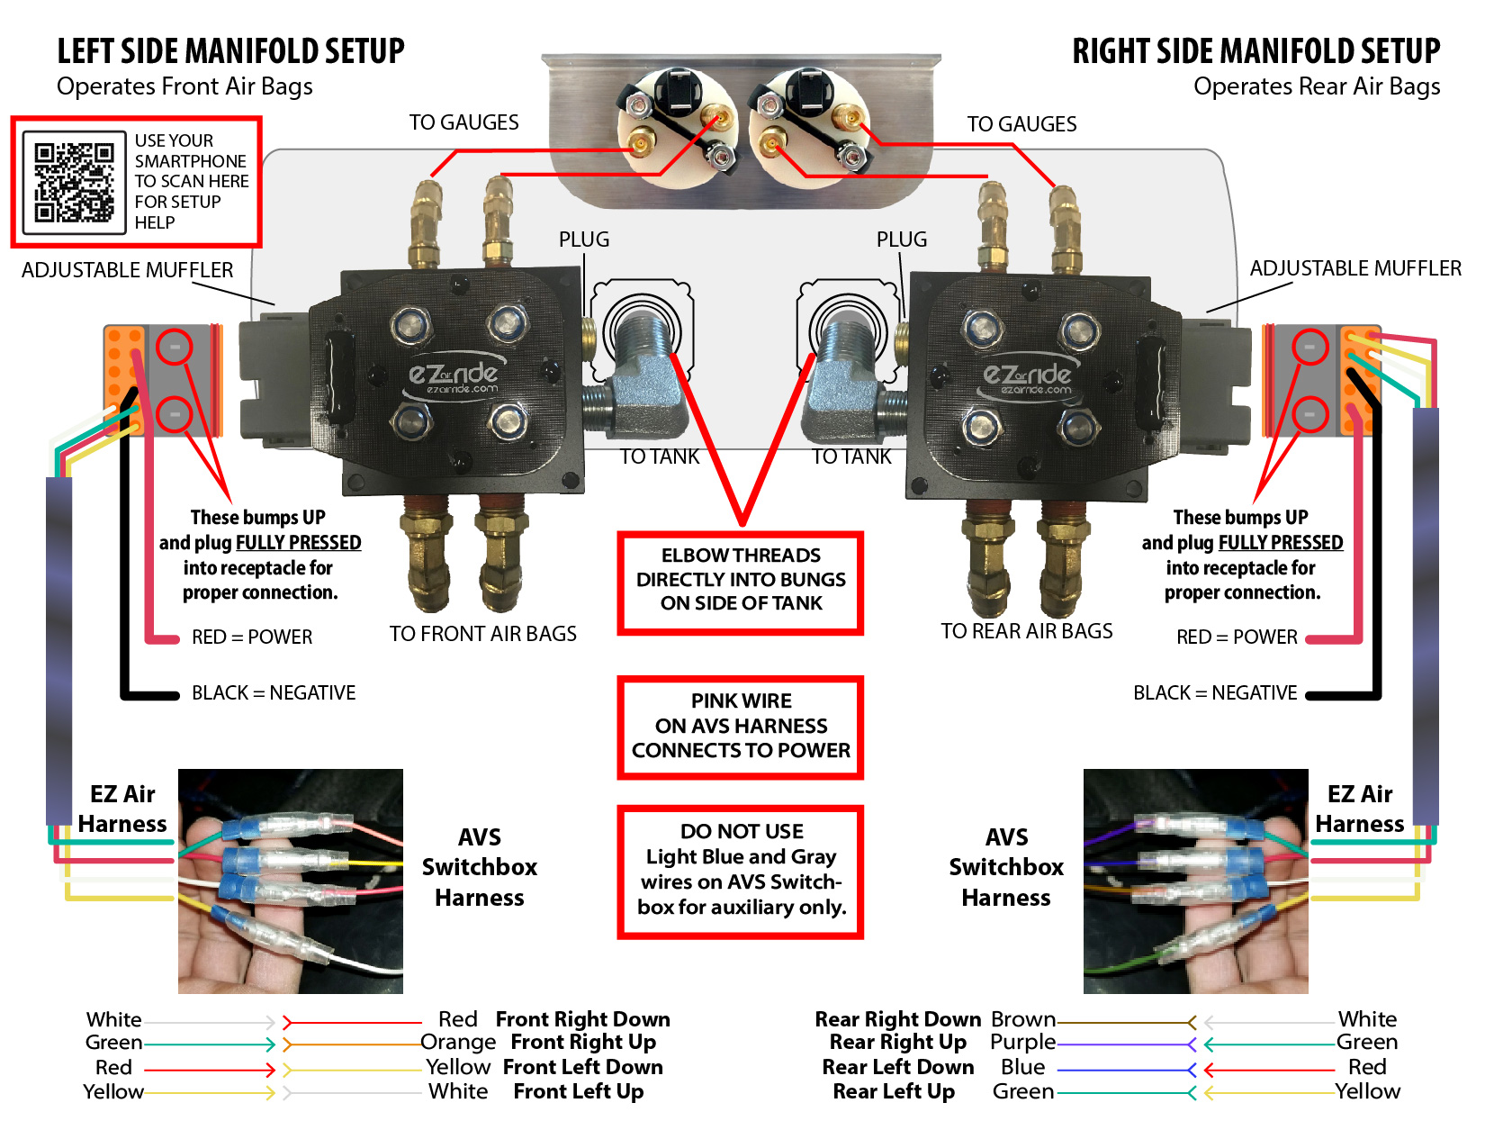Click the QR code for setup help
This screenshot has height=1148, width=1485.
pos(74,182)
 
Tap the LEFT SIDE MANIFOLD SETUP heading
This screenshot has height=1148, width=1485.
pos(230,52)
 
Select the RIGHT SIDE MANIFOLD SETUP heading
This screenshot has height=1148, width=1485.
pos(1255,52)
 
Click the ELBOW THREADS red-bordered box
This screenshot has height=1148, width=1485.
pos(741,581)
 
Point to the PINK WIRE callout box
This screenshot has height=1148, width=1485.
pos(741,727)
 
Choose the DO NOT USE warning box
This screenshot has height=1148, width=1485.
pos(741,871)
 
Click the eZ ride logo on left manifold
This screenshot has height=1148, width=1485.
pos(453,378)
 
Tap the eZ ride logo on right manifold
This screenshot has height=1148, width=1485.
pos(1027,378)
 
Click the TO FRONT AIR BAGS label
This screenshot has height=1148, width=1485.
pos(482,634)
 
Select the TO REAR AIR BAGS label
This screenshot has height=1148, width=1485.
pos(1026,631)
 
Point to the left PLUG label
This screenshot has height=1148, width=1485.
pos(583,240)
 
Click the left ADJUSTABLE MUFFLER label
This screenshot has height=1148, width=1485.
pos(127,270)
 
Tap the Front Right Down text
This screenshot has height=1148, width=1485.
pos(582,1019)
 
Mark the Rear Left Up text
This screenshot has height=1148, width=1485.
pos(893,1091)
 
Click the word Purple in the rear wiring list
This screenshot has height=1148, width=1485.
pos(1022,1043)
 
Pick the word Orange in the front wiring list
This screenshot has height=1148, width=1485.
pos(458,1043)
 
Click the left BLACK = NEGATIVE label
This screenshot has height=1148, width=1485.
pos(274,692)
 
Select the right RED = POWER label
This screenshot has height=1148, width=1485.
pos(1237,637)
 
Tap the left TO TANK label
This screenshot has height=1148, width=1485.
pos(660,456)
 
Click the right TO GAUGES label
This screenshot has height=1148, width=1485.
pos(1021,124)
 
